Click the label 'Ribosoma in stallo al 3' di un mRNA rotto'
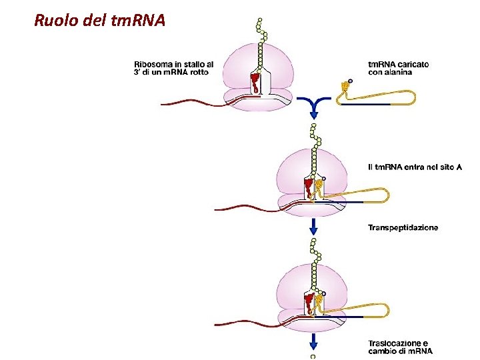pyautogui.click(x=173, y=68)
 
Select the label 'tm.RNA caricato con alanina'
pyautogui.click(x=399, y=68)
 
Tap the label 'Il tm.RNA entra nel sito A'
pyautogui.click(x=414, y=166)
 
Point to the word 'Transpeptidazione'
pyautogui.click(x=403, y=227)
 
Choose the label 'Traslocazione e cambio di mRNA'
pyautogui.click(x=400, y=347)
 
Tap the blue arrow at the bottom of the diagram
pyautogui.click(x=313, y=347)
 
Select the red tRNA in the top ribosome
pyautogui.click(x=255, y=83)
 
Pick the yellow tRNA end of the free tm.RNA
pyautogui.click(x=345, y=87)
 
